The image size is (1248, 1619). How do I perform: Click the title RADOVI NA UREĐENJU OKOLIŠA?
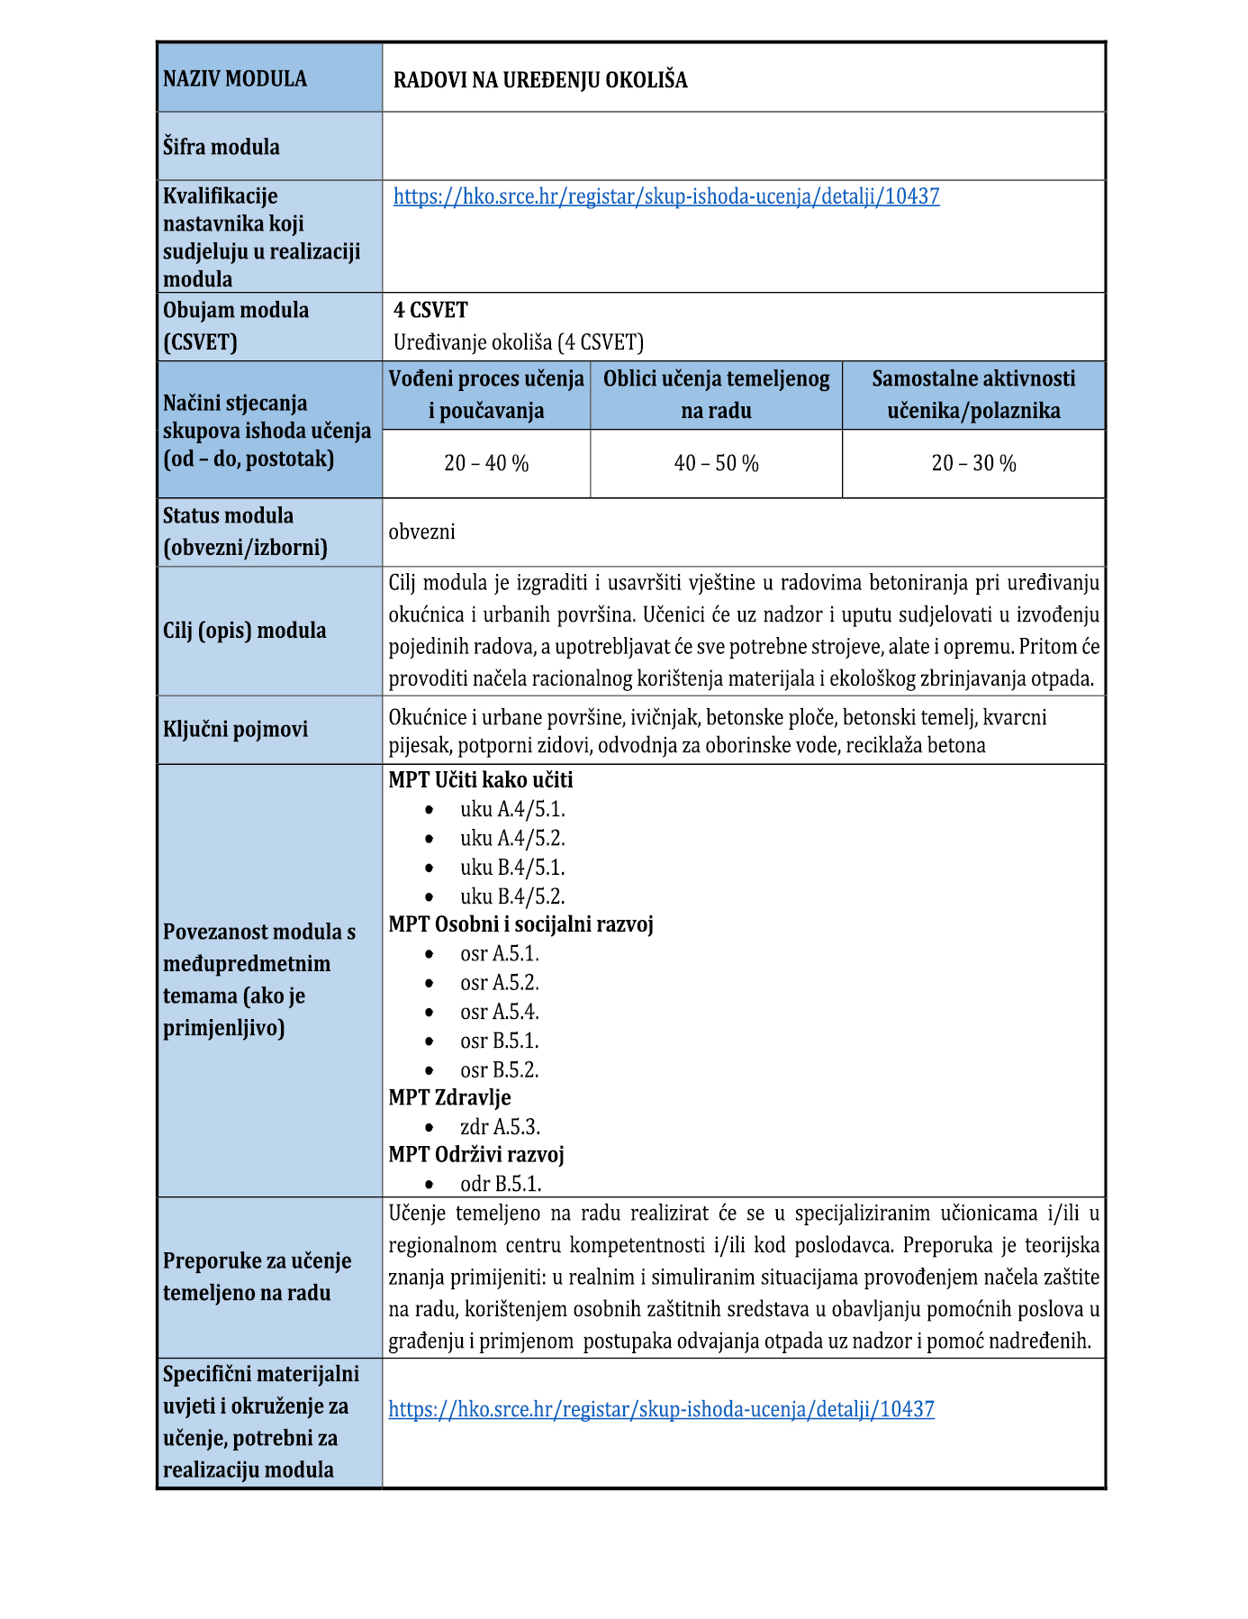click(540, 80)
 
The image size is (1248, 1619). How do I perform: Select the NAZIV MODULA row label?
click(235, 78)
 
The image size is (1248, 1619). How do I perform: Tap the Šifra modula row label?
click(222, 147)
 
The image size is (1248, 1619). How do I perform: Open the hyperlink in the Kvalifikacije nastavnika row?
click(666, 196)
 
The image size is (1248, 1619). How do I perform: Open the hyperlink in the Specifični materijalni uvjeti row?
click(661, 1409)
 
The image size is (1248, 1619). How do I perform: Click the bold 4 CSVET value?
click(430, 310)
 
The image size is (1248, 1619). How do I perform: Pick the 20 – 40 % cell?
click(486, 463)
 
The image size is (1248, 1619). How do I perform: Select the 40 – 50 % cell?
click(717, 463)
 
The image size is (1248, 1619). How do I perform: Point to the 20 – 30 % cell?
click(973, 463)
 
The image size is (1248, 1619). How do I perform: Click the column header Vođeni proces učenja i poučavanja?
click(486, 395)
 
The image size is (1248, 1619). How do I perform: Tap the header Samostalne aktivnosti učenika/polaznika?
click(973, 395)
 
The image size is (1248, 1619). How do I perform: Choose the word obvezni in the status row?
click(422, 532)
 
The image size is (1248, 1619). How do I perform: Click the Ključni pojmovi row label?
click(235, 729)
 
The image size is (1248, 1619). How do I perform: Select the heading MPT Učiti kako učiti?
click(481, 780)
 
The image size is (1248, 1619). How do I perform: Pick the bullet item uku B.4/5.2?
click(512, 896)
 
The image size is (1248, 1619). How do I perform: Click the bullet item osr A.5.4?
click(500, 1012)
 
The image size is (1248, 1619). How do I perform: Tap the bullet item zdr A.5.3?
click(500, 1127)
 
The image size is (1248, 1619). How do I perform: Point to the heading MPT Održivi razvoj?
click(476, 1155)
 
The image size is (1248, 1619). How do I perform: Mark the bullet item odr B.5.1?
click(501, 1184)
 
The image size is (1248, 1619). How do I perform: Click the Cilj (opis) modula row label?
click(244, 631)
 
